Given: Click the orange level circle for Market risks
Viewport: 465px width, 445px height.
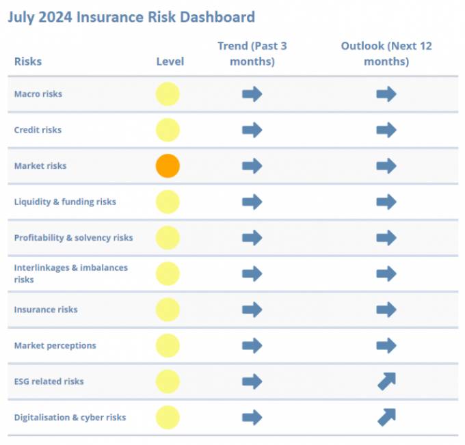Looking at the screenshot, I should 168,166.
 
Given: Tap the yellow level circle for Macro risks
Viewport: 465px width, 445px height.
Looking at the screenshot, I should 168,94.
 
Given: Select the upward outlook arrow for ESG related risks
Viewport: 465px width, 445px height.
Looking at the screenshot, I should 386,381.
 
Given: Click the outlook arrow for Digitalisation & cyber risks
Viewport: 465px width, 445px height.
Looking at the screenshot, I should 386,417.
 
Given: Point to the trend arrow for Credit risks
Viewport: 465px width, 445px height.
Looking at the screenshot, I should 252,130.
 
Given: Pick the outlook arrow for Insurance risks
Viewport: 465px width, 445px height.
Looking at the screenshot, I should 386,310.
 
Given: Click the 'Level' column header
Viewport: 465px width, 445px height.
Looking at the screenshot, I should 170,62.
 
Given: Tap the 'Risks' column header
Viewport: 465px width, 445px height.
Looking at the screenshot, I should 28,62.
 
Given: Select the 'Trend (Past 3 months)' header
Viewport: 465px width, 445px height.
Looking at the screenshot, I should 252,53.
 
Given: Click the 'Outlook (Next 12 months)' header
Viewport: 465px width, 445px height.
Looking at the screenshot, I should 386,53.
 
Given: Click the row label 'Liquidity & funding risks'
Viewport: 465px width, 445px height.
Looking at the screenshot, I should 65,202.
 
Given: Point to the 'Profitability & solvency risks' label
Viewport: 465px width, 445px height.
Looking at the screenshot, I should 73,238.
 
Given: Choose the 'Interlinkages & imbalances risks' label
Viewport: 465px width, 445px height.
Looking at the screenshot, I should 70,273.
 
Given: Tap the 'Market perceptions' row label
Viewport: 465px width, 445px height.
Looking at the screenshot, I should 55,345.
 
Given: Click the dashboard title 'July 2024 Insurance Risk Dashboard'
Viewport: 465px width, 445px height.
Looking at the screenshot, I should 131,17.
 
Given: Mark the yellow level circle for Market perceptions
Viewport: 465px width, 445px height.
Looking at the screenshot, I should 168,345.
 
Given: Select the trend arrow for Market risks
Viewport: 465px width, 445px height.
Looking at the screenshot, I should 252,166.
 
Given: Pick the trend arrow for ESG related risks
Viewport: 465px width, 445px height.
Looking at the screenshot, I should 252,381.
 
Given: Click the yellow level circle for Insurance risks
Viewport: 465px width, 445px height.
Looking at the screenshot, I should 168,310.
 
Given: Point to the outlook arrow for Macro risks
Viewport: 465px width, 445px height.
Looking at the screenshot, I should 386,94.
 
